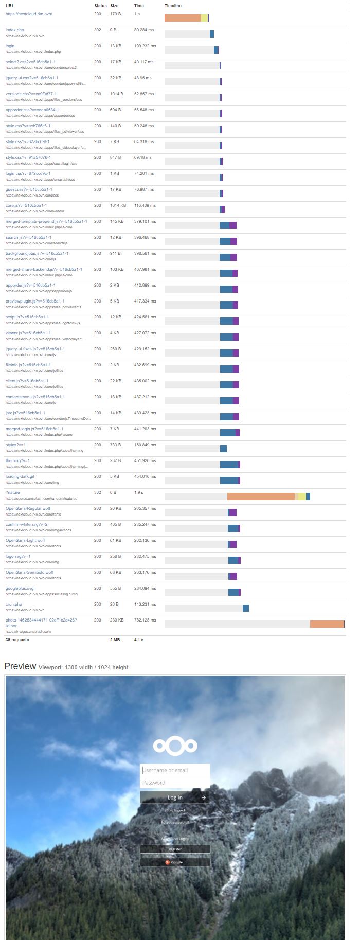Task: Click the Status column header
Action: point(101,6)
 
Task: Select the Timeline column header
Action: point(173,6)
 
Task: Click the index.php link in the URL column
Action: point(14,30)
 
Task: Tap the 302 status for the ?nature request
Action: point(98,492)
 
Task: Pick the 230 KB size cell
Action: point(117,620)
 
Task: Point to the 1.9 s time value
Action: point(139,492)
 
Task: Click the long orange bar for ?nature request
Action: point(261,496)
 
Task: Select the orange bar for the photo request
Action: point(327,624)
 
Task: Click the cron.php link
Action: point(14,604)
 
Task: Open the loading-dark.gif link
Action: point(20,476)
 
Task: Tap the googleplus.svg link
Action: point(20,588)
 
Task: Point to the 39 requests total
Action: point(17,640)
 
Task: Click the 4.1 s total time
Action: point(139,640)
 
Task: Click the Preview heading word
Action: point(20,666)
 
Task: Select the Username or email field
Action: point(175,770)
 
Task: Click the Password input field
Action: point(175,783)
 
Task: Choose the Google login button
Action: point(175,862)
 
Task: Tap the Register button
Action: point(175,849)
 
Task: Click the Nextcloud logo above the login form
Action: point(175,746)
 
